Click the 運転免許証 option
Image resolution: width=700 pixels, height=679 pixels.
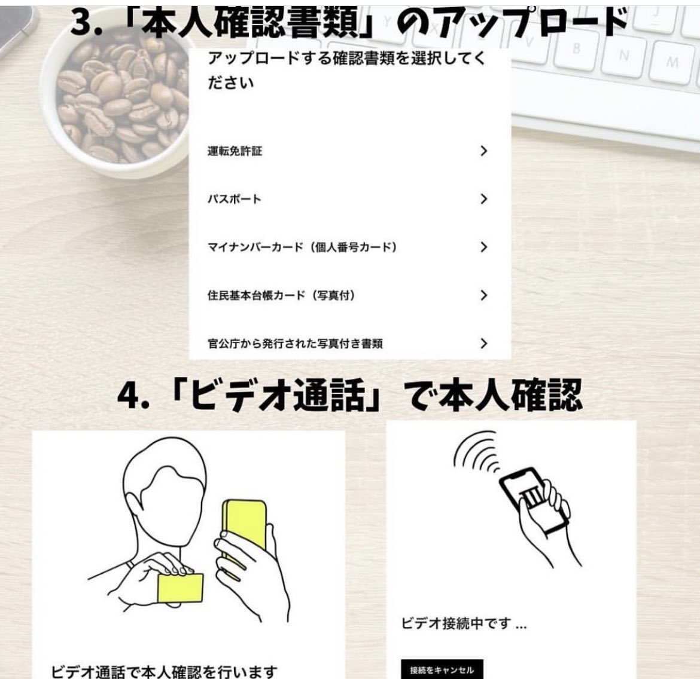point(235,151)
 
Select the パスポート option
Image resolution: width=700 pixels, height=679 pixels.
point(235,199)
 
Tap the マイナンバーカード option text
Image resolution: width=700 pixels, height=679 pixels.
point(302,247)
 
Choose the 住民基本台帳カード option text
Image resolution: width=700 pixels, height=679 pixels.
point(281,295)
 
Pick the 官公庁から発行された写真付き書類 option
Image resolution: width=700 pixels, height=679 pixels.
point(295,344)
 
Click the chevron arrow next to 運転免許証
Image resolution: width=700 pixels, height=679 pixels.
point(483,151)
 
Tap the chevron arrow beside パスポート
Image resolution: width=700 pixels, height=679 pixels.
point(483,199)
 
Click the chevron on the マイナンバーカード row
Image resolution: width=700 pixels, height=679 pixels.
point(483,247)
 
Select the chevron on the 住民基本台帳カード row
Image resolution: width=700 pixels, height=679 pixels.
point(483,295)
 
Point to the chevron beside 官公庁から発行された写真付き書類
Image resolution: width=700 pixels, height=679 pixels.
point(483,343)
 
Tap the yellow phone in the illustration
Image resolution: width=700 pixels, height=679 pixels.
point(245,531)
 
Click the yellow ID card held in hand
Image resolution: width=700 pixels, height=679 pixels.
point(180,588)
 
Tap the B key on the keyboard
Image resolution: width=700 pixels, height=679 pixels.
point(576,48)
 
